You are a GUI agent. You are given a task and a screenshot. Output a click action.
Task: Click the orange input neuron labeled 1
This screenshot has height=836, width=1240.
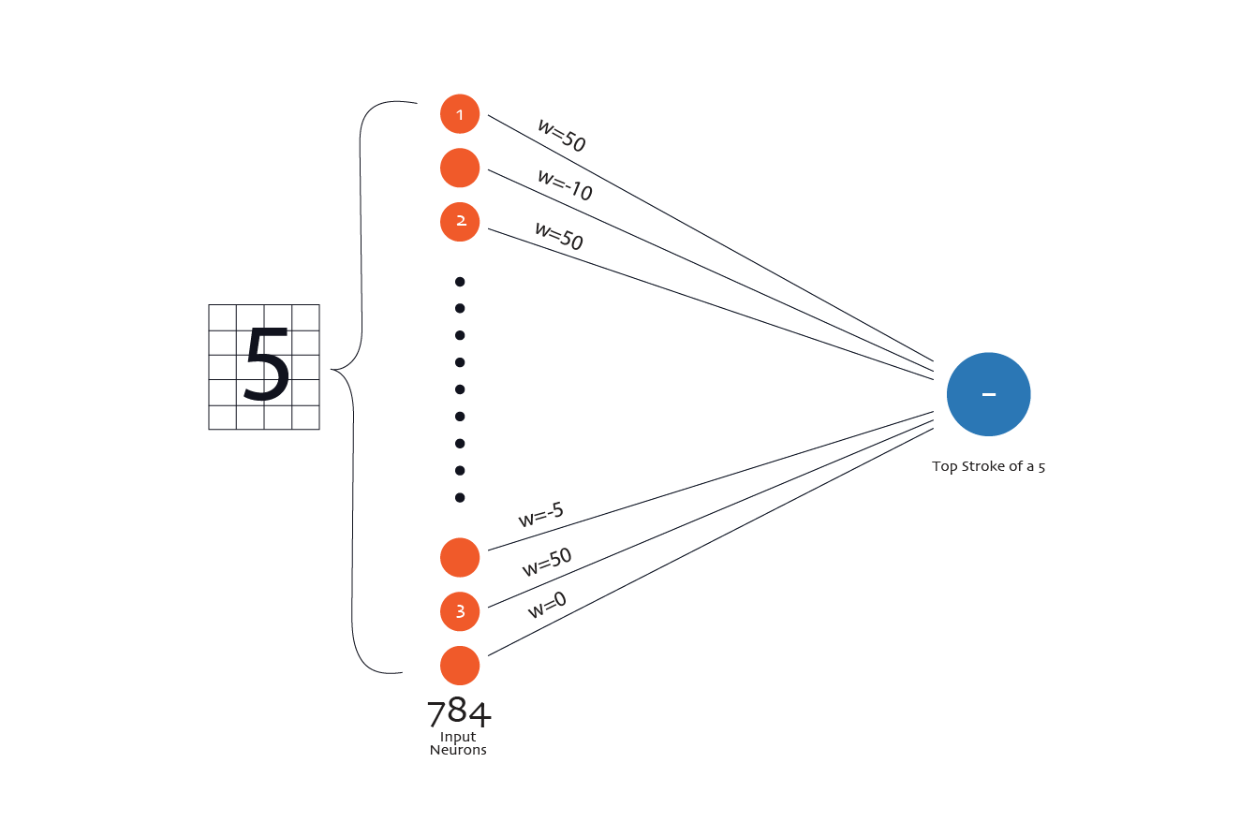click(460, 114)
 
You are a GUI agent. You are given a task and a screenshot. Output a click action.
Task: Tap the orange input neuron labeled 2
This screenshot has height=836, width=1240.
click(460, 222)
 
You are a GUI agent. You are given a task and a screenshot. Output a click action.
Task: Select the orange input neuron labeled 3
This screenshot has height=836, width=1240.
click(460, 612)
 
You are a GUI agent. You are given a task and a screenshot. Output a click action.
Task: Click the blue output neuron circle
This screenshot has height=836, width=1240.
click(988, 394)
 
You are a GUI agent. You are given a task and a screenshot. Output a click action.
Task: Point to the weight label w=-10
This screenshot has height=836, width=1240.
click(565, 184)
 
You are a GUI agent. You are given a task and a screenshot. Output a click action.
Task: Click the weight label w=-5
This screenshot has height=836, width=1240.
click(540, 515)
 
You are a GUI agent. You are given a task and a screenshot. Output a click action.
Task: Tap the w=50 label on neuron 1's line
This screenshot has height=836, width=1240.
click(561, 136)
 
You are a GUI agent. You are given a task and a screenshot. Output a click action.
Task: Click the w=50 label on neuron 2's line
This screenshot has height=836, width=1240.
click(558, 235)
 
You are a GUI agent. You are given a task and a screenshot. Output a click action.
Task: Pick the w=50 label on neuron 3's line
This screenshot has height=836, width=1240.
click(546, 562)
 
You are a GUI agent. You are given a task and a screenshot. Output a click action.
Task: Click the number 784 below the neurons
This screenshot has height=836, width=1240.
click(459, 714)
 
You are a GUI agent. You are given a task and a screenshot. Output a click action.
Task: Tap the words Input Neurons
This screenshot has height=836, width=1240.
click(458, 743)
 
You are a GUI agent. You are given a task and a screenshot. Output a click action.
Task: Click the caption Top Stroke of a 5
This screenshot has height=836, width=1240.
click(988, 466)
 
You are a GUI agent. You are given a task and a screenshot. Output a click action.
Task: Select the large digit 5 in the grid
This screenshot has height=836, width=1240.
click(266, 365)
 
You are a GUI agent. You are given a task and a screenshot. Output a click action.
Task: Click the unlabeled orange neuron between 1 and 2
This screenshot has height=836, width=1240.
click(460, 169)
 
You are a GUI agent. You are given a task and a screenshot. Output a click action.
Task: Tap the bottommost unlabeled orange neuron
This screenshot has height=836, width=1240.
click(460, 666)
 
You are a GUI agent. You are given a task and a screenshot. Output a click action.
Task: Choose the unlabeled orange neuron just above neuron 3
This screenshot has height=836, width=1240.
click(460, 558)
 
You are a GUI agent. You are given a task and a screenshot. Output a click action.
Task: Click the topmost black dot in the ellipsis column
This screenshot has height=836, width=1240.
click(460, 282)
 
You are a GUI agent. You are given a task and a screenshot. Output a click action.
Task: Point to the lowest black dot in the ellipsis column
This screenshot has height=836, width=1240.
click(460, 497)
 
